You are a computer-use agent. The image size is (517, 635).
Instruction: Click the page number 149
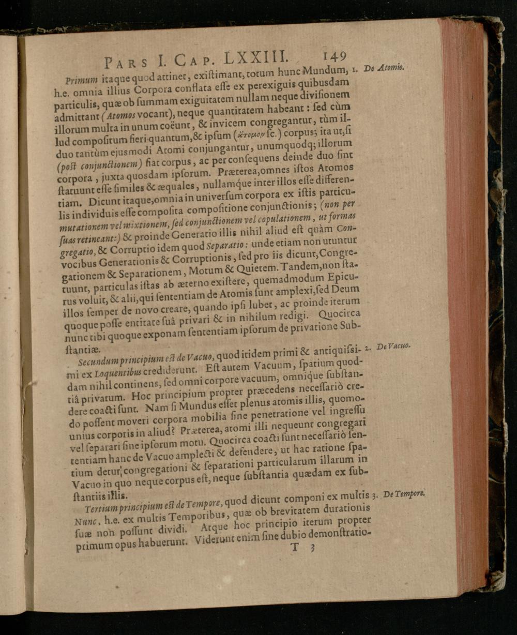coord(334,55)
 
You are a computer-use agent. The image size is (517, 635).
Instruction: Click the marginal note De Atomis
coord(386,67)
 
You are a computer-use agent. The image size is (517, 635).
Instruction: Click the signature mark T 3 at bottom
coord(302,548)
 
